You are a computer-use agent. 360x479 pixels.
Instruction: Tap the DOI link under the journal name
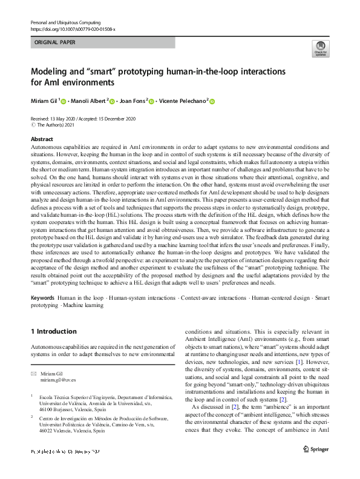[73, 29]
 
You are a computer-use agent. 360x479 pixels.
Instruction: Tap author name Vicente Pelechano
[182, 101]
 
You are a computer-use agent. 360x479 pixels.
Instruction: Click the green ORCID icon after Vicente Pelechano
[212, 101]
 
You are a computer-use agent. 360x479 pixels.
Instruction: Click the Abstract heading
[42, 139]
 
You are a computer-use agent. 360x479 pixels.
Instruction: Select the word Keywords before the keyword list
[43, 299]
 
